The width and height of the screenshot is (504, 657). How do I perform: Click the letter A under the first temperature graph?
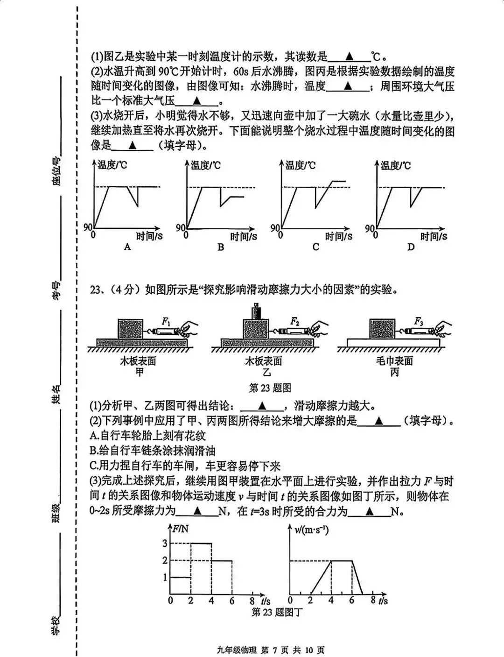[127, 247]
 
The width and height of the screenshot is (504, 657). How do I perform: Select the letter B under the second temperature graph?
[221, 247]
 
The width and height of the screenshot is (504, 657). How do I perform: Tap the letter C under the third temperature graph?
[315, 247]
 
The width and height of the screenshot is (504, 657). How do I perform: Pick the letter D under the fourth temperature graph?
[411, 247]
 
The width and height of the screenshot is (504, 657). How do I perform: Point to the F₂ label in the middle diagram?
[295, 321]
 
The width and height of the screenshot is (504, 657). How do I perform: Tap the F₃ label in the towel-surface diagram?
[419, 321]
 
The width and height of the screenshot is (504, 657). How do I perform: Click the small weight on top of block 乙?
[256, 311]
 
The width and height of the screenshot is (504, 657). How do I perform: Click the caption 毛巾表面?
[394, 361]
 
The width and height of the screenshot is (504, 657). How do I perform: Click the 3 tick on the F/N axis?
[164, 543]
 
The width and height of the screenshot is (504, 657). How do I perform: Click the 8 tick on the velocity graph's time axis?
[373, 600]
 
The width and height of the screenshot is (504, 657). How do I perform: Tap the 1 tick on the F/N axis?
[164, 578]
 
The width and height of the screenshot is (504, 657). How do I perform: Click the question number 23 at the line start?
[96, 290]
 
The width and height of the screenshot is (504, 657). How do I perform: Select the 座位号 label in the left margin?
[57, 172]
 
